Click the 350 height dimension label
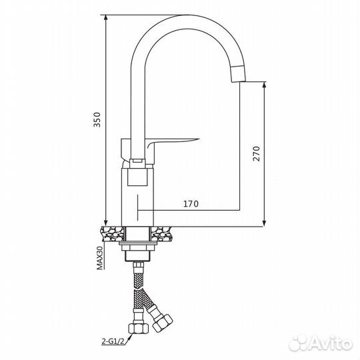tap(97, 119)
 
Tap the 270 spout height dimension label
tap(257, 153)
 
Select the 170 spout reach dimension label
tap(191, 203)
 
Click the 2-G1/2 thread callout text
tap(113, 341)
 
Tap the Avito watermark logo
tap(320, 344)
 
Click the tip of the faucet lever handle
tap(199, 139)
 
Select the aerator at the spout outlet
tap(239, 73)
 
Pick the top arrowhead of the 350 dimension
tap(105, 17)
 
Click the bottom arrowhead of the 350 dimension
tap(105, 223)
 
